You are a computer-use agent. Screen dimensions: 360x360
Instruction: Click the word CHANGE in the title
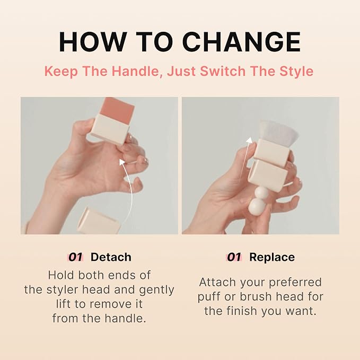241,42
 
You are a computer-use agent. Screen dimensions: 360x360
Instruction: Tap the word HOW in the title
93,42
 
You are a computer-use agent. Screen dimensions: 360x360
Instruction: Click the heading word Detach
111,257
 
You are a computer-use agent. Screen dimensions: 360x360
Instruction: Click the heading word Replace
272,257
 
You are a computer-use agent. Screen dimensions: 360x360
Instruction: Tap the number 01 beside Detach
75,257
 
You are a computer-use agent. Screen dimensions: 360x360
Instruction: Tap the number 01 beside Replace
234,257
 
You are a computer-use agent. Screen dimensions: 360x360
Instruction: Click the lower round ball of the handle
257,207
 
